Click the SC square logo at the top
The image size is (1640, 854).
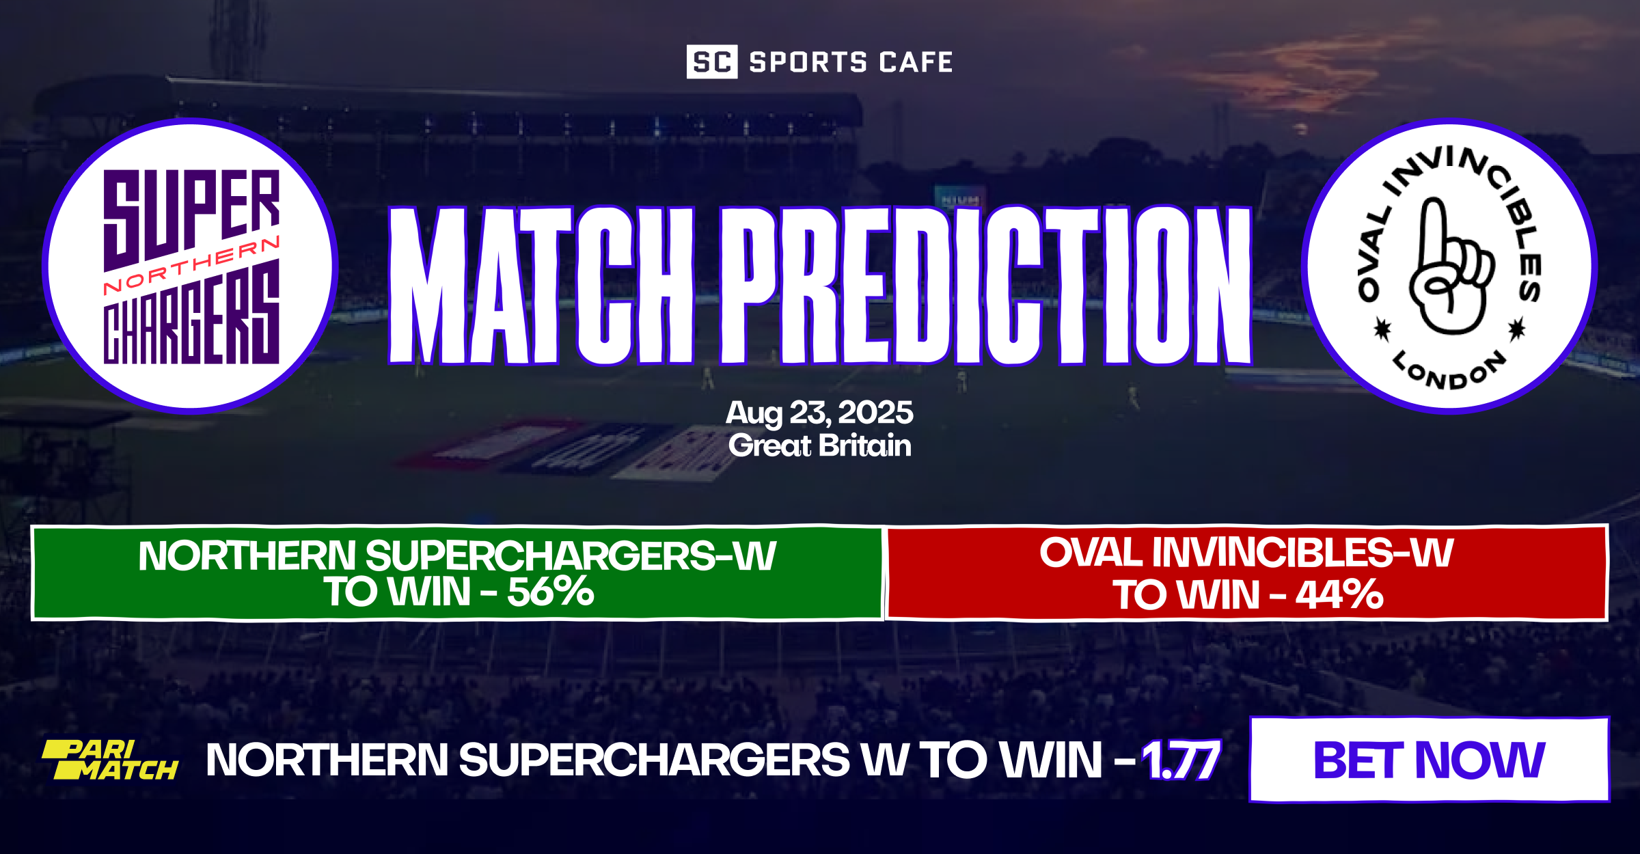pos(711,62)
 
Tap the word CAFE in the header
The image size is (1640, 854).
pos(916,62)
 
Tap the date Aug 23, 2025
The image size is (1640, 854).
pos(819,413)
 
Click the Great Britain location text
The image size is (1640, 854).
pos(819,446)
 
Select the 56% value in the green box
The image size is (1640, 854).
pos(550,592)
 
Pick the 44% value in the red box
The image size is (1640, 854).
pos(1339,594)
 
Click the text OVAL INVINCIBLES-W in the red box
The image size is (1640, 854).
pos(1246,553)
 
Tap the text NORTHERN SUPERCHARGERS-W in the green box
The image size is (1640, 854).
pos(457,555)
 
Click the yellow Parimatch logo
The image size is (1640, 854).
pos(110,760)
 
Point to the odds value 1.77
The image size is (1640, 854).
pos(1181,760)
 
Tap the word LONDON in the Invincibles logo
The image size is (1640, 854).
pos(1449,372)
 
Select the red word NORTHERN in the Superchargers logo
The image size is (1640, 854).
pos(191,266)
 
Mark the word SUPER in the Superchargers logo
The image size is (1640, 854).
pos(191,212)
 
